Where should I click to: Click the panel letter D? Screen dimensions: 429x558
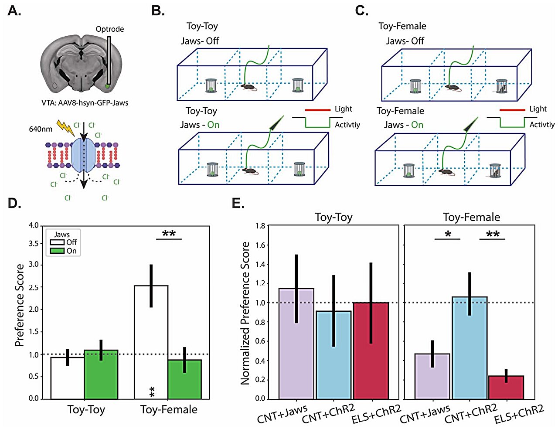pos(14,203)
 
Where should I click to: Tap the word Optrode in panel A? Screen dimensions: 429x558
pos(110,29)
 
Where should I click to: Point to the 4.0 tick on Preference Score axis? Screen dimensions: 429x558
pos(34,225)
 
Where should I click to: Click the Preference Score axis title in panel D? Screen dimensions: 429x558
pos(20,305)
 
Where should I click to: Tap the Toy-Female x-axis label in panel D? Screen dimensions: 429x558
pos(169,410)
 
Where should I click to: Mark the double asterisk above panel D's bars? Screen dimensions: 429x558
pos(169,234)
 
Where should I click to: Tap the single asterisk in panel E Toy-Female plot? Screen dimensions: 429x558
pos(448,235)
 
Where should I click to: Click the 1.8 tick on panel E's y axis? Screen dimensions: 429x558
pos(260,226)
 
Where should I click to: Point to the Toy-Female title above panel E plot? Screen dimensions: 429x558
pos(471,217)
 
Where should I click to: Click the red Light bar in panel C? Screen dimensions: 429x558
pos(512,110)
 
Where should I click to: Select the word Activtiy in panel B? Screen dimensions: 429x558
pos(347,125)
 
